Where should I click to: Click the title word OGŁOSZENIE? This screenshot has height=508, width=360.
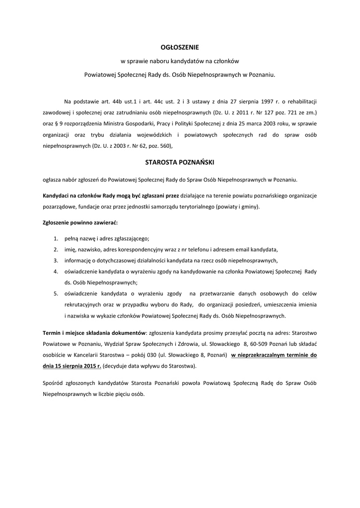coord(180,48)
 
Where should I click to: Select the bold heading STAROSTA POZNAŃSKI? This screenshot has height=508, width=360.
coord(180,162)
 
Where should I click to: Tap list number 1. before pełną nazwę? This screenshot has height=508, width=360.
coord(56,239)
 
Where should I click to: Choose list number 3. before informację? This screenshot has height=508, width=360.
coord(56,260)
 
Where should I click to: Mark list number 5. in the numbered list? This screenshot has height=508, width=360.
coord(56,294)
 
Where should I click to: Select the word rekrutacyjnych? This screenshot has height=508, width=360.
coord(84,305)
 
